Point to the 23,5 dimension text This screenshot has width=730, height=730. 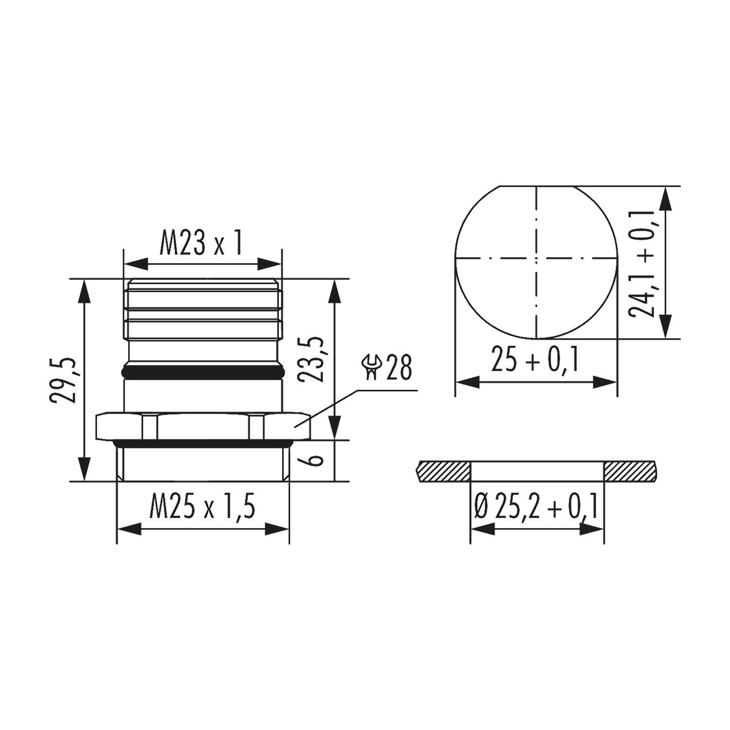click(311, 359)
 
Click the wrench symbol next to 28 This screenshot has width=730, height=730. click(373, 367)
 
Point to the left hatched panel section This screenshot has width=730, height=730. click(444, 472)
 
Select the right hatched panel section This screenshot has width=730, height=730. click(630, 472)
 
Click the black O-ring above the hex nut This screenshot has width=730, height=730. click(202, 373)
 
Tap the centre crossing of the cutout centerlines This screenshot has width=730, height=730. click(536, 257)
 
